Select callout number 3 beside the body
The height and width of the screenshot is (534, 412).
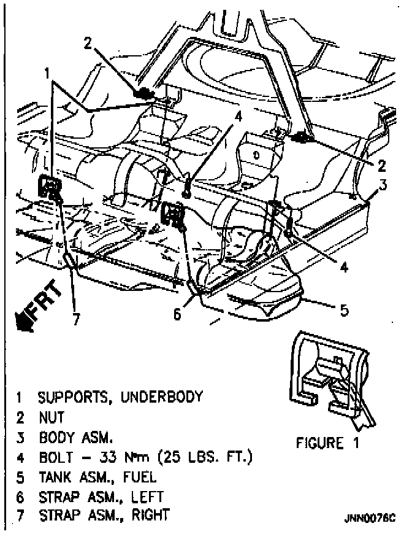click(x=382, y=185)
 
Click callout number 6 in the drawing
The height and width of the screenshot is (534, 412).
click(x=178, y=314)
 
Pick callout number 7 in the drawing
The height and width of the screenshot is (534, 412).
click(x=76, y=320)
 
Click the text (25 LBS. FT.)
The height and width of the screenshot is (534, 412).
click(x=212, y=457)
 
